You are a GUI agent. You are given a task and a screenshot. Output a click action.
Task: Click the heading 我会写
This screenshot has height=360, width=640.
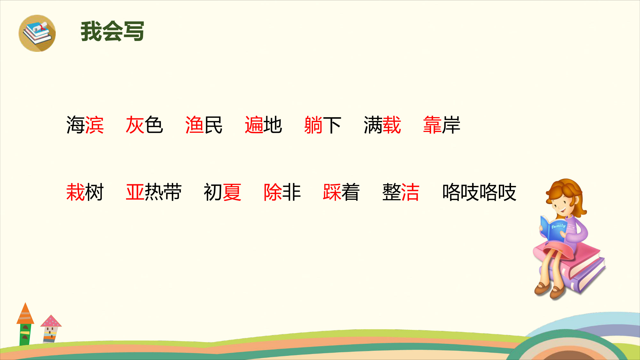[x=112, y=31]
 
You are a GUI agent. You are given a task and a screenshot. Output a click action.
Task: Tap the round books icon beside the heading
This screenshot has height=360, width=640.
[x=37, y=33]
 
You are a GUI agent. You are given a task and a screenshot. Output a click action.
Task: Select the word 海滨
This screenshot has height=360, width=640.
[x=85, y=125]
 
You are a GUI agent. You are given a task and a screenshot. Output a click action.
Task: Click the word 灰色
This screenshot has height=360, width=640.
[x=145, y=125]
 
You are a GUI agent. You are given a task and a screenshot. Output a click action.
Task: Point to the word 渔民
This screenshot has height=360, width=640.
[x=204, y=125]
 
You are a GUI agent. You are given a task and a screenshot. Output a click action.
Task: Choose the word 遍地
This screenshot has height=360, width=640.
[x=263, y=125]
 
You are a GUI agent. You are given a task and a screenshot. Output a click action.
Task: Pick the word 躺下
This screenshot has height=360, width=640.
[x=323, y=125]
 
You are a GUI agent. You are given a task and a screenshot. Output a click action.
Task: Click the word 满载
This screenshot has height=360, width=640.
[x=382, y=125]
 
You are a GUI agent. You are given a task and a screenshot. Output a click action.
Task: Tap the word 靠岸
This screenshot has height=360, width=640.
[x=442, y=125]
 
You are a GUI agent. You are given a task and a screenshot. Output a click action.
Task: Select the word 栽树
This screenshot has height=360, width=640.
[x=85, y=192]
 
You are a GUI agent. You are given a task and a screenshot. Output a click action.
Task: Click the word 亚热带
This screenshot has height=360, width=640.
[x=154, y=192]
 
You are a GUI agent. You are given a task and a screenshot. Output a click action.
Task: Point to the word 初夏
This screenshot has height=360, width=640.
[x=223, y=192]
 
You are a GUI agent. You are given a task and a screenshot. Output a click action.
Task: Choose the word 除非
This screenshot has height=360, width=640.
[x=282, y=192]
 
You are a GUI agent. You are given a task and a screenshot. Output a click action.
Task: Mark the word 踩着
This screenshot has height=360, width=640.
[x=341, y=192]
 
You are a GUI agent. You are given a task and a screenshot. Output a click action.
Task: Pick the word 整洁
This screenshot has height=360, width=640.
[x=401, y=192]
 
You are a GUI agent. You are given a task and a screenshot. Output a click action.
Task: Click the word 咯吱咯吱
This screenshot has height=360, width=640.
[x=479, y=192]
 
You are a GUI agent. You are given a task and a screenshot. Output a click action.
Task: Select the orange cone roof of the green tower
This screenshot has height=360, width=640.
[x=25, y=314]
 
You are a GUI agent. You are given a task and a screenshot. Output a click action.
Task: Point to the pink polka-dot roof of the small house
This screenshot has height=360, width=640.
[x=51, y=321]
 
